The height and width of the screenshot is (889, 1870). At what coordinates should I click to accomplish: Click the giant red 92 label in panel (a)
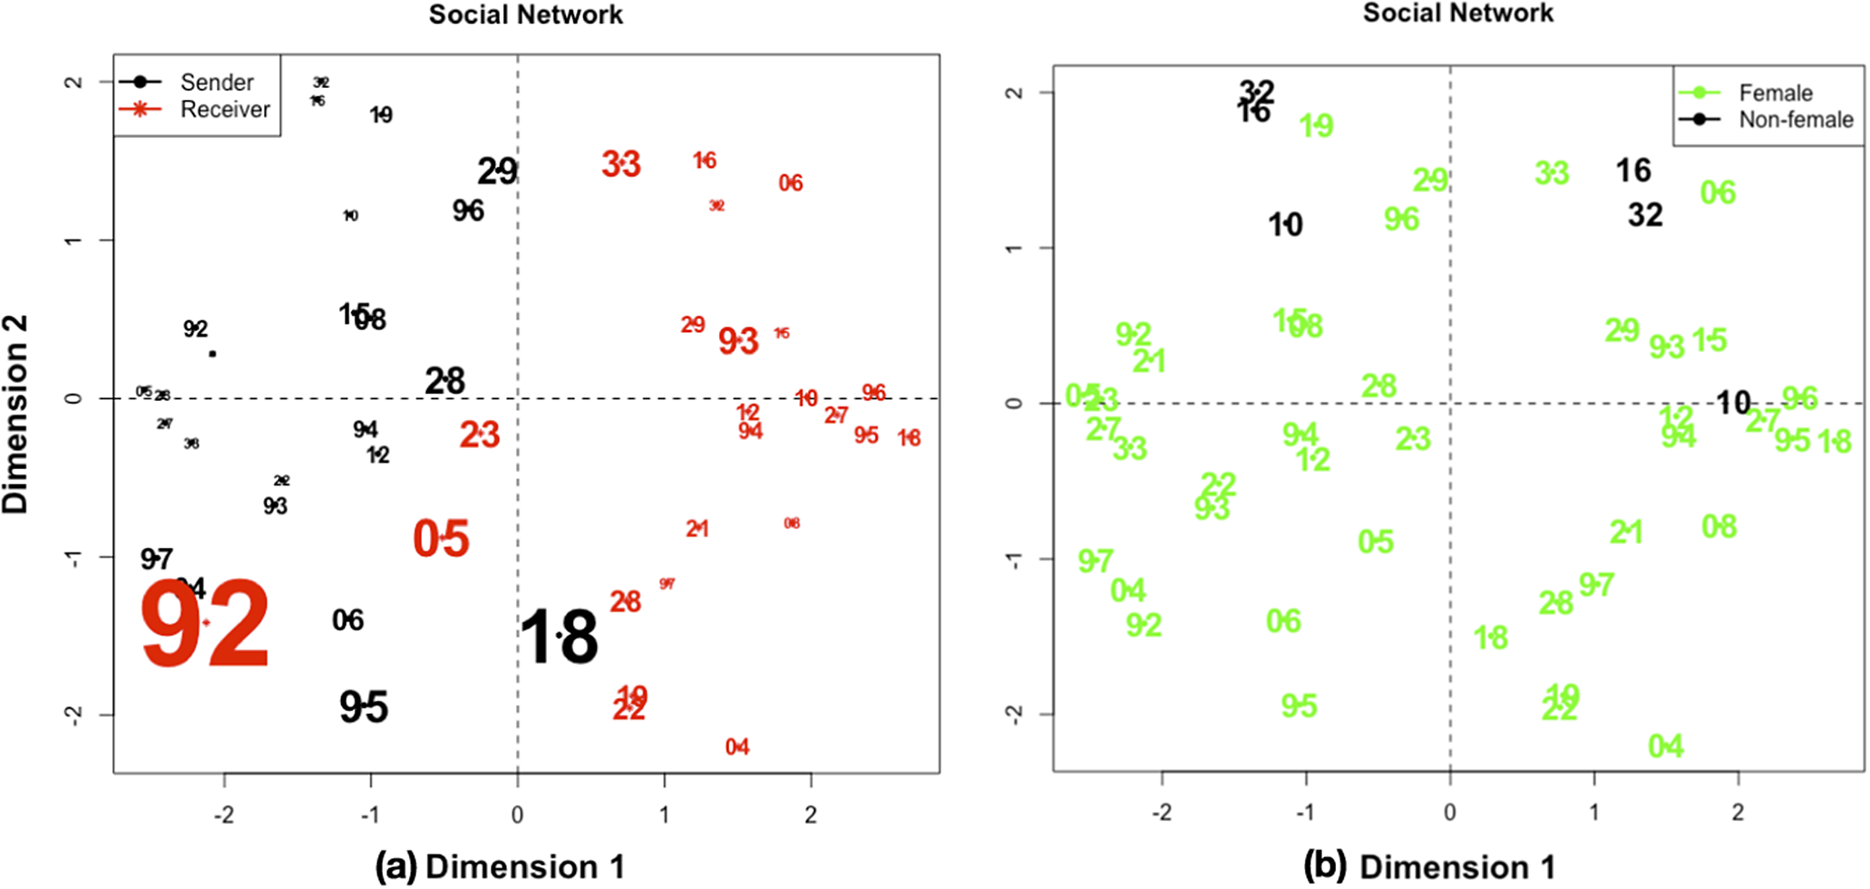tap(206, 623)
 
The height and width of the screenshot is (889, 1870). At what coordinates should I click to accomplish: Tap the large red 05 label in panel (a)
tap(442, 539)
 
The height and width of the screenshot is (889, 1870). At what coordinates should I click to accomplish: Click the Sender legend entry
tap(216, 83)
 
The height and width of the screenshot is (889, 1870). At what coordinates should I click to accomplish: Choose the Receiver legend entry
tap(224, 110)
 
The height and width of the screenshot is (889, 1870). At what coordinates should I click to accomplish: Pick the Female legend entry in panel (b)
tap(1775, 93)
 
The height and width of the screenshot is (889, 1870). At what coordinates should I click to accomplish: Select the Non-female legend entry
tap(1795, 120)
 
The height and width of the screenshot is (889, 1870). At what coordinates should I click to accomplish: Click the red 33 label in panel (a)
tap(621, 164)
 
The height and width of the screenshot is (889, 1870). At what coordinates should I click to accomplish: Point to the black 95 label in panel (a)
tap(364, 707)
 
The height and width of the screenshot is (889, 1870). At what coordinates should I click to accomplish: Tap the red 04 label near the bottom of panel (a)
tap(737, 747)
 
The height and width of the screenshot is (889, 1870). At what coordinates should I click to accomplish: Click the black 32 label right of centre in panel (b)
tap(1645, 215)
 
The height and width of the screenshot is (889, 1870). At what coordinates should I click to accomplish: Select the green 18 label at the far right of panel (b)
tap(1834, 442)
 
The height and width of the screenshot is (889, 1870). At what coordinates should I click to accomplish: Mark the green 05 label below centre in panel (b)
tap(1375, 542)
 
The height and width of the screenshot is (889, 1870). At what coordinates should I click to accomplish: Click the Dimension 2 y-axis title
tap(16, 415)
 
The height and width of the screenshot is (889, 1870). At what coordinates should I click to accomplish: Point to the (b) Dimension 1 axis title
tap(1429, 867)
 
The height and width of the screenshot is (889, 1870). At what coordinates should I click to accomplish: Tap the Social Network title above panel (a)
tap(525, 15)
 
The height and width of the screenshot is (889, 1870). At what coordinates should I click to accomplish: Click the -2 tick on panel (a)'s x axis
tap(224, 815)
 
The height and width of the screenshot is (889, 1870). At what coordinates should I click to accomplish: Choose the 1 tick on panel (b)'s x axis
tap(1593, 812)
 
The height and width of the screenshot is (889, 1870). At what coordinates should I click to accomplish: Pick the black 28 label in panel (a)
tap(444, 381)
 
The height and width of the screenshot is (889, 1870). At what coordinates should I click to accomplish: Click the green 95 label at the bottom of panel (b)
tap(1299, 705)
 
